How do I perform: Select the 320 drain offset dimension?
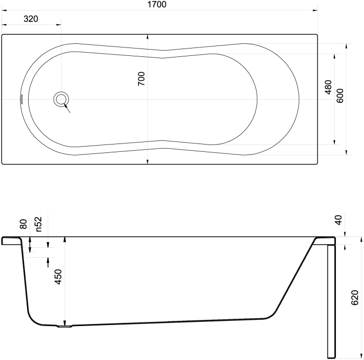[31, 19]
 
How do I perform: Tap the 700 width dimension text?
[141, 78]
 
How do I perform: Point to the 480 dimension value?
[328, 87]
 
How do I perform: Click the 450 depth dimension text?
[58, 277]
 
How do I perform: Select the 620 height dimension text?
[355, 297]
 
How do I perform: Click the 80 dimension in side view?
[23, 224]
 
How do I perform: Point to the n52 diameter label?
[39, 224]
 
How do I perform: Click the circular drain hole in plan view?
[61, 99]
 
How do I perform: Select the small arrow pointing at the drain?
[67, 107]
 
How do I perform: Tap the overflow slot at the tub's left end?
[21, 99]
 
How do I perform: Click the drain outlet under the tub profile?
[64, 327]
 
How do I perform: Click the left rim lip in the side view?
[10, 241]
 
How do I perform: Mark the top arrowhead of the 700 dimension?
[148, 37]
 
